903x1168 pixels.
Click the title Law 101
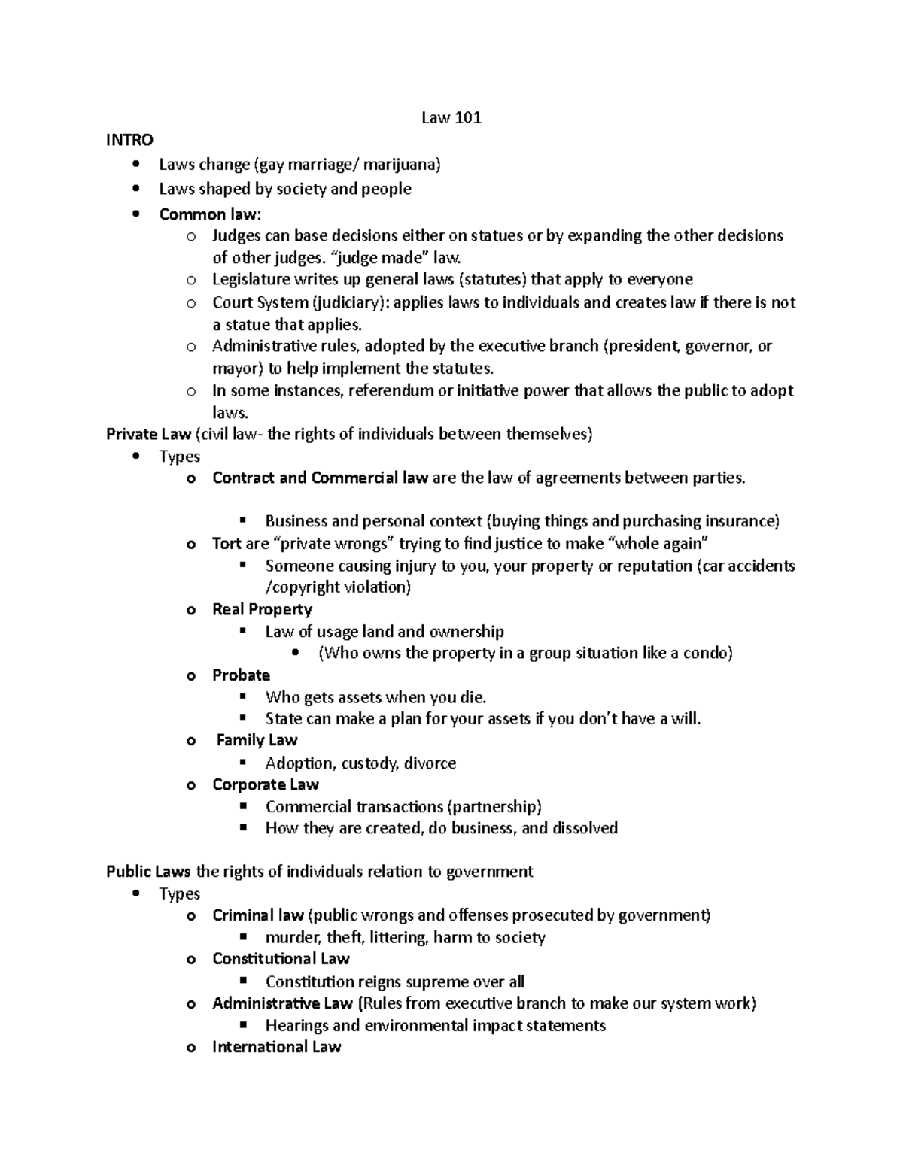point(451,117)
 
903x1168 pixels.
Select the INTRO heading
point(129,140)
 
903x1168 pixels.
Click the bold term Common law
point(208,214)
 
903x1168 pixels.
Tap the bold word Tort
point(227,543)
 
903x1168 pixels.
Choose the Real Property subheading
point(262,609)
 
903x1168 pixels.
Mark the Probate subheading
point(241,675)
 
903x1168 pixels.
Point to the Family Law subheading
point(257,740)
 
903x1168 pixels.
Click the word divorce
point(430,763)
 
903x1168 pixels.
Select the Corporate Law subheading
point(265,784)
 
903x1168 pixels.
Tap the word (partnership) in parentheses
point(494,807)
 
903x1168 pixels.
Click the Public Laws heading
point(149,872)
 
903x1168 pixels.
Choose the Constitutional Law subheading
point(281,959)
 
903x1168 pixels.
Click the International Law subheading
point(276,1047)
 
